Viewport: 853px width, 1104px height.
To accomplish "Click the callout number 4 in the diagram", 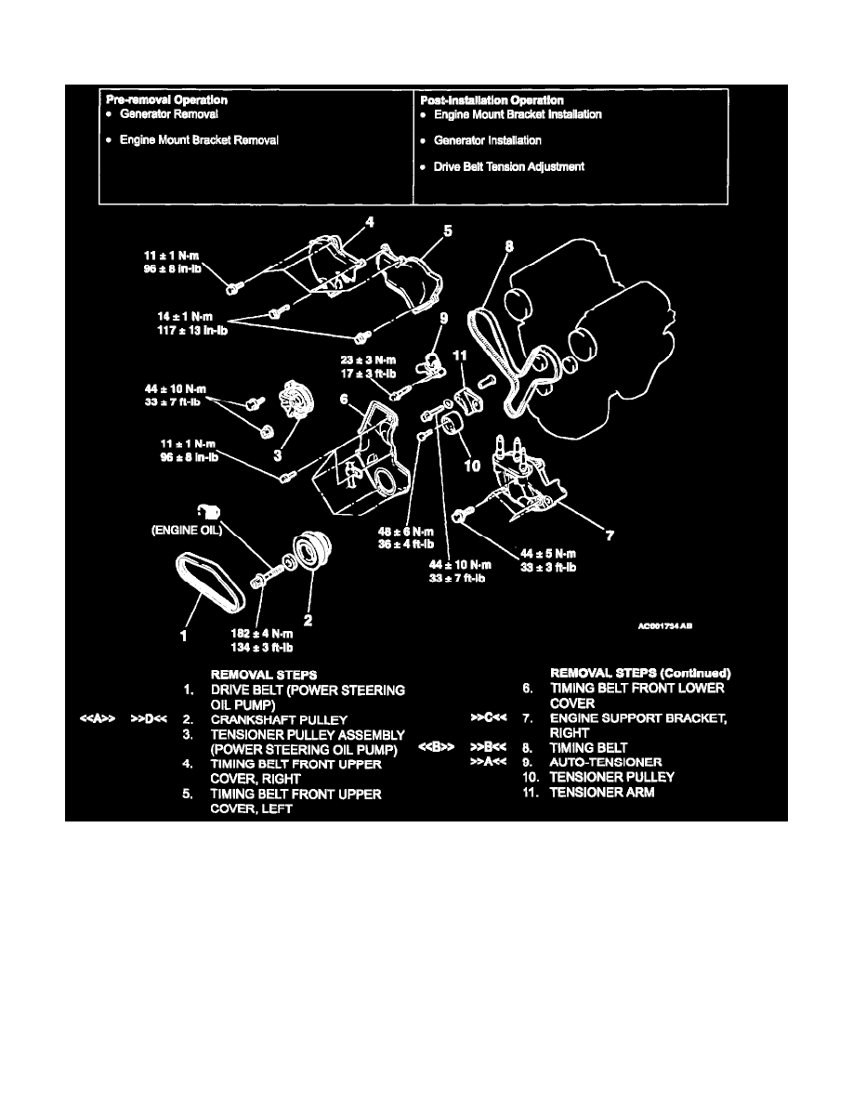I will pyautogui.click(x=369, y=222).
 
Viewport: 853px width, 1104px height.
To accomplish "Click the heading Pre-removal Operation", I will pyautogui.click(x=166, y=99).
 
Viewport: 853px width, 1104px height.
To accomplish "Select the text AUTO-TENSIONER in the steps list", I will pyautogui.click(x=607, y=762).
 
